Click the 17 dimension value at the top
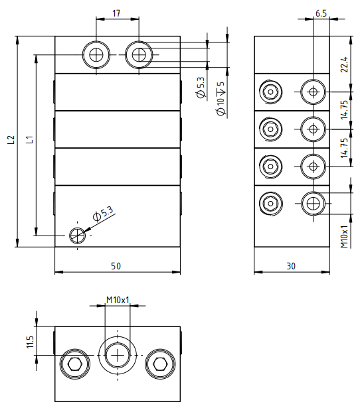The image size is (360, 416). [x=116, y=13]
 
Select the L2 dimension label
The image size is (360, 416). [x=11, y=139]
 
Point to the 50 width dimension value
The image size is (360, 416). [x=116, y=266]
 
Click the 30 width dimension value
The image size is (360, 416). [x=291, y=266]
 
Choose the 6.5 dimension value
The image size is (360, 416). [x=321, y=13]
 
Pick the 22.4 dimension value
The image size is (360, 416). [x=344, y=64]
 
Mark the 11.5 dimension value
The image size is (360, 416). [x=30, y=342]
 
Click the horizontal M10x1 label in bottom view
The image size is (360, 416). [x=118, y=300]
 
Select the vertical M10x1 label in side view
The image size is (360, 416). [x=344, y=237]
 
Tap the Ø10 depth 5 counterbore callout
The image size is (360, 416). [x=221, y=98]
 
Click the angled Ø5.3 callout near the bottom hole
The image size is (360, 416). [x=104, y=213]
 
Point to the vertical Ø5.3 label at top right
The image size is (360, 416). [x=201, y=88]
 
